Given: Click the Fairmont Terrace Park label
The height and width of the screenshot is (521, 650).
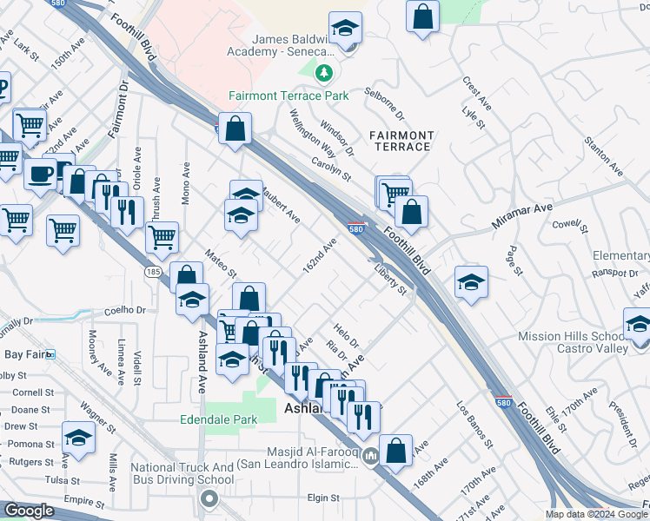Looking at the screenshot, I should pyautogui.click(x=289, y=96).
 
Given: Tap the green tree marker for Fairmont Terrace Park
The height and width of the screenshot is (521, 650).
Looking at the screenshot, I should pyautogui.click(x=324, y=72).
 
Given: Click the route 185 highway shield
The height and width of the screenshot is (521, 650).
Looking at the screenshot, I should pyautogui.click(x=154, y=272).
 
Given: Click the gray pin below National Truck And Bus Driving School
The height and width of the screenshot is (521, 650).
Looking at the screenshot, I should pyautogui.click(x=209, y=498).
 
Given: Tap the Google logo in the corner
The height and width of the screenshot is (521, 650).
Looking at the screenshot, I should pyautogui.click(x=30, y=511).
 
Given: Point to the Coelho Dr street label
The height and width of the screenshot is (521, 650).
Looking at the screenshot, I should pyautogui.click(x=126, y=310).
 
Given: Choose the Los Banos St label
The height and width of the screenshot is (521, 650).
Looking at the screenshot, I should pyautogui.click(x=474, y=424).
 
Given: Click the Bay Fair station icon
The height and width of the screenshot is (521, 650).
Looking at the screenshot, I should pyautogui.click(x=50, y=354).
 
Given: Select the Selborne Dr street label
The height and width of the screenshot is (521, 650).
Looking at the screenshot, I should pyautogui.click(x=385, y=102).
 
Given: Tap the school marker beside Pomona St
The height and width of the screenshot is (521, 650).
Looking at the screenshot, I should pyautogui.click(x=78, y=437).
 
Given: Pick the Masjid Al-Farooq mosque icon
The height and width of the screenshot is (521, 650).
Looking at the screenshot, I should pyautogui.click(x=369, y=455).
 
